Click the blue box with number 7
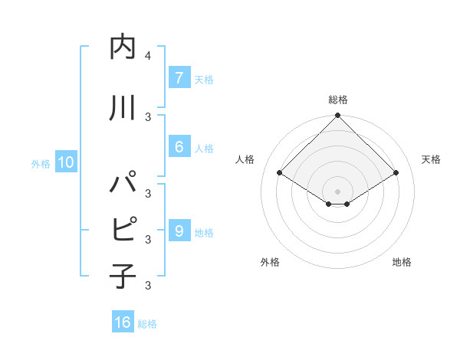(x=179, y=78)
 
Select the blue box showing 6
(x=179, y=147)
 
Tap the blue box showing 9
(x=179, y=231)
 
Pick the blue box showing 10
(x=65, y=162)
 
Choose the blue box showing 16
(x=123, y=322)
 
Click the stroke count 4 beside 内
(x=147, y=56)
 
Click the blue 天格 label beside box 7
(x=204, y=79)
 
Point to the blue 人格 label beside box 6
(x=204, y=148)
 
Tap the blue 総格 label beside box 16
(x=147, y=324)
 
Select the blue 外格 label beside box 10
(x=40, y=163)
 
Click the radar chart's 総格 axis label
(x=337, y=100)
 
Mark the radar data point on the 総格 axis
(x=337, y=116)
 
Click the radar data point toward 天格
(x=396, y=173)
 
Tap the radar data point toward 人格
(x=280, y=173)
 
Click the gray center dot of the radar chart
(x=337, y=191)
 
